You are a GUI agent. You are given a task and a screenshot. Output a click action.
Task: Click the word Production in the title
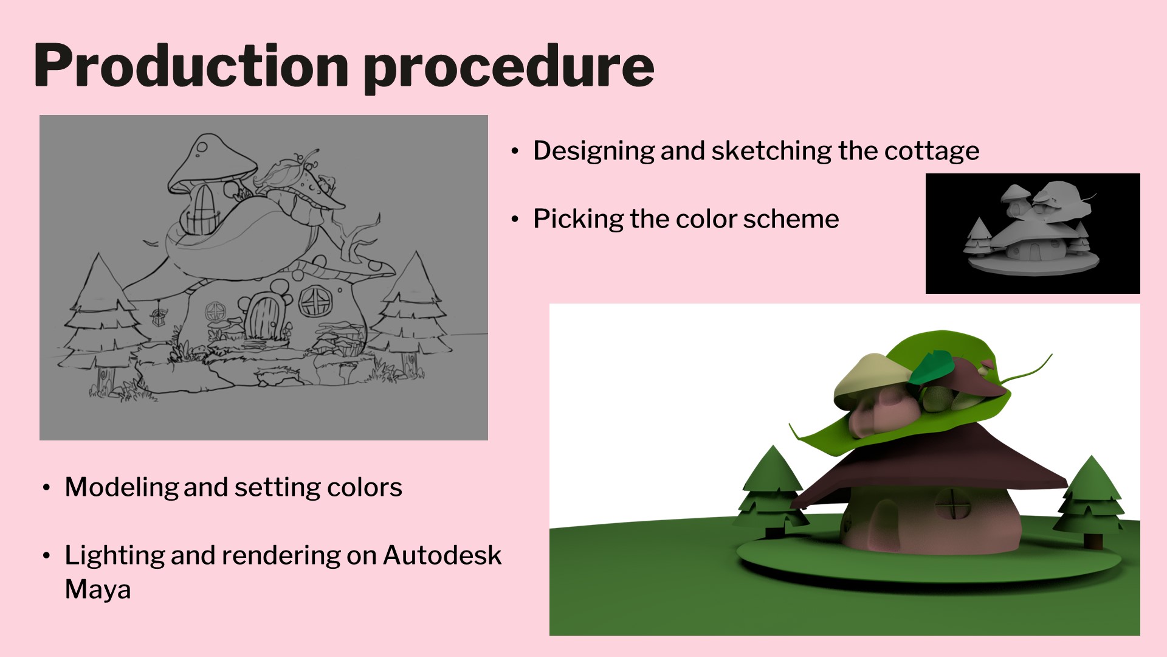pos(191,65)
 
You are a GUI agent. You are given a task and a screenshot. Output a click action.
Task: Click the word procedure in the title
pos(509,68)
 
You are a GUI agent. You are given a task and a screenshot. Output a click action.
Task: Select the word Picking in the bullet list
pos(578,220)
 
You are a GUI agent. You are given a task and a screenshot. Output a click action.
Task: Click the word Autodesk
pos(442,555)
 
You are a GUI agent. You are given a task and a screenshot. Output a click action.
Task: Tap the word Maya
pos(98,590)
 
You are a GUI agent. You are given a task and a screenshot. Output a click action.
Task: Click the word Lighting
pos(114,556)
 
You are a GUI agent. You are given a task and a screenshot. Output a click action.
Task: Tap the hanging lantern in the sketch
pos(159,316)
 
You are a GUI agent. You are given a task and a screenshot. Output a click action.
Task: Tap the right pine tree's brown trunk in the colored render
pos(1092,540)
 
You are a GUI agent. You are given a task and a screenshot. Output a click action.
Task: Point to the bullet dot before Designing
pos(515,151)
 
